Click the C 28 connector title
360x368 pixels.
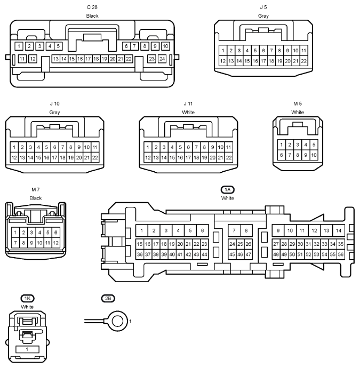pos(92,7)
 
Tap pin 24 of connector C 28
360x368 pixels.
pos(162,59)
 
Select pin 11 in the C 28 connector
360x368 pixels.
pos(22,59)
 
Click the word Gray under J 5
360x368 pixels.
pos(263,15)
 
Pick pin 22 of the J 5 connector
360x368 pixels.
pos(303,61)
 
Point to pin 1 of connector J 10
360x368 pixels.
pos(14,147)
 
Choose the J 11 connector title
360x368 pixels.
pos(188,103)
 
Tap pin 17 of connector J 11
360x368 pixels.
pos(188,157)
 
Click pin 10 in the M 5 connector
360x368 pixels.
pos(314,155)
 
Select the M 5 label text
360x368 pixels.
pos(298,103)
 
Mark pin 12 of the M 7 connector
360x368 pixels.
pos(55,243)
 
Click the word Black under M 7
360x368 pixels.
pos(35,198)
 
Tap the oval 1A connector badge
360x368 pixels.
pos(228,190)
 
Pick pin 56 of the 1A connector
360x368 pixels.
pos(340,254)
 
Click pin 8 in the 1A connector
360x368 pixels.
pos(246,230)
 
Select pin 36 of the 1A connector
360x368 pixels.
pos(140,254)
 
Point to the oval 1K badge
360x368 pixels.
pos(27,298)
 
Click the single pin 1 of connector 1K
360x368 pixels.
pos(27,349)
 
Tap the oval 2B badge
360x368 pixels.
pos(108,298)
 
